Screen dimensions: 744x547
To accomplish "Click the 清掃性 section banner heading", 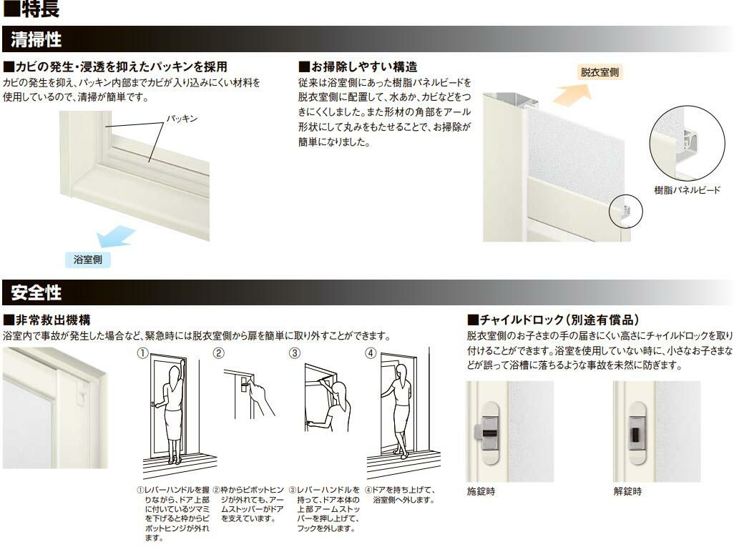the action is pyautogui.click(x=36, y=39).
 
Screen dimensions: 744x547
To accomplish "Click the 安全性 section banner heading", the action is pyautogui.click(x=36, y=292).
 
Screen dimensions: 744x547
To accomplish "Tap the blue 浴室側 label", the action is pyautogui.click(x=88, y=260).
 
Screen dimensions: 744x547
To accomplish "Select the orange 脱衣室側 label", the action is pyautogui.click(x=599, y=72).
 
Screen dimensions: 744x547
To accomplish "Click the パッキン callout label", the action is pyautogui.click(x=182, y=119).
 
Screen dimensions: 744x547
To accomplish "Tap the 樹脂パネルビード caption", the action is pyautogui.click(x=687, y=190).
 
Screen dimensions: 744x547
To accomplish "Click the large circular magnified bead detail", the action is pyautogui.click(x=687, y=143).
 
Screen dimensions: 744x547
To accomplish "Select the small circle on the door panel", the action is pyautogui.click(x=625, y=212).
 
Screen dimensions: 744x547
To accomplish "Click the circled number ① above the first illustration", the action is pyautogui.click(x=142, y=353).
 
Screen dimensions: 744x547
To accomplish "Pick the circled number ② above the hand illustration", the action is pyautogui.click(x=218, y=353).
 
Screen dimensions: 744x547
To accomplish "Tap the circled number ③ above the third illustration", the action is pyautogui.click(x=295, y=353).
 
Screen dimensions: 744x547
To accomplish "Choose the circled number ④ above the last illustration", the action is pyautogui.click(x=371, y=353).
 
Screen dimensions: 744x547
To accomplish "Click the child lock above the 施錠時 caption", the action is pyautogui.click(x=487, y=433).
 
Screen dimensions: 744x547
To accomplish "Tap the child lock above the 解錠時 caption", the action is pyautogui.click(x=635, y=433).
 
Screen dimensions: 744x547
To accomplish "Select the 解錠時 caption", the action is pyautogui.click(x=627, y=491).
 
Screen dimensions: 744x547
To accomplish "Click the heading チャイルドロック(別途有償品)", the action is pyautogui.click(x=553, y=320).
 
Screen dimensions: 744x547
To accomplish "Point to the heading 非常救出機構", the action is pyautogui.click(x=47, y=320).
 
